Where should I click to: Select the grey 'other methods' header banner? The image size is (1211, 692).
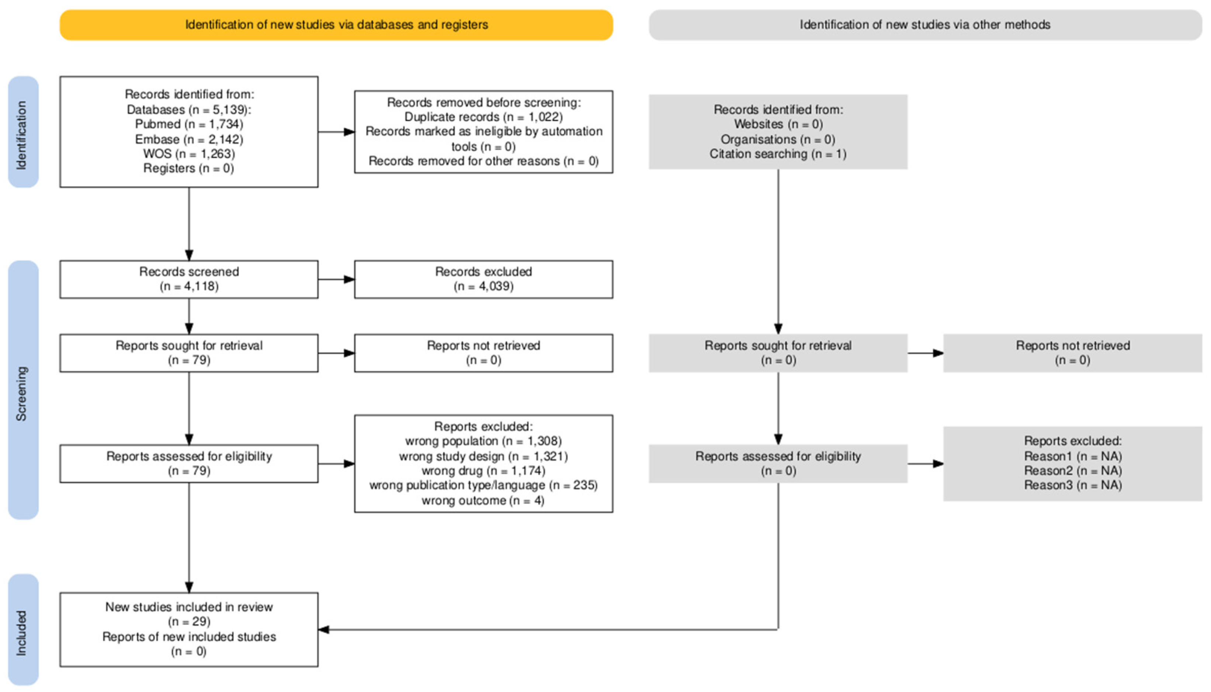[x=925, y=25]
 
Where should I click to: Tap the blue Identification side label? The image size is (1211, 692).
[x=23, y=132]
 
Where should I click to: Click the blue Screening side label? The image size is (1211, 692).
[x=23, y=390]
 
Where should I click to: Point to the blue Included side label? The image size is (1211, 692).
[x=23, y=629]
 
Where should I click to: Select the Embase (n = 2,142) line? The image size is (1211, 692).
[x=189, y=139]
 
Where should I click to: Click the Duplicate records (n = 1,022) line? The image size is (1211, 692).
[x=483, y=117]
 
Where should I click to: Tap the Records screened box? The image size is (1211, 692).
[x=189, y=279]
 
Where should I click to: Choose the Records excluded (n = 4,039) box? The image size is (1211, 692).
[x=483, y=279]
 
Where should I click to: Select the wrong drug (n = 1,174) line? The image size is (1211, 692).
[x=483, y=470]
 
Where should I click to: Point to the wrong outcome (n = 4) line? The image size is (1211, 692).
[x=483, y=500]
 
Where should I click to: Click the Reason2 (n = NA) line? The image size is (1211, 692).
[x=1073, y=470]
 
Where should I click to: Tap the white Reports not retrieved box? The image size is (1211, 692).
[x=483, y=353]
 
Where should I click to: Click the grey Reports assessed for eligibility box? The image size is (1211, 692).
[x=778, y=463]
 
